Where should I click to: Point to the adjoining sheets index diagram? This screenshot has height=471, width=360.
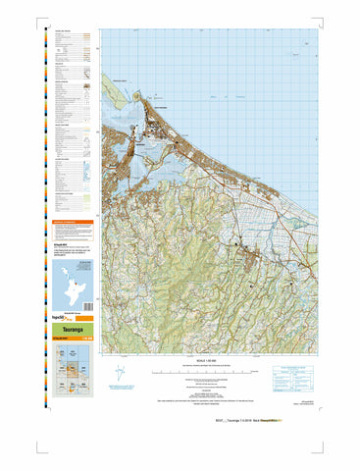[x=71, y=372]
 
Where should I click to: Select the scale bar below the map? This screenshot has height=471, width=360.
[x=207, y=374]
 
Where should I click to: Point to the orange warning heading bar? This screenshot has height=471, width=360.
[x=71, y=223]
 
